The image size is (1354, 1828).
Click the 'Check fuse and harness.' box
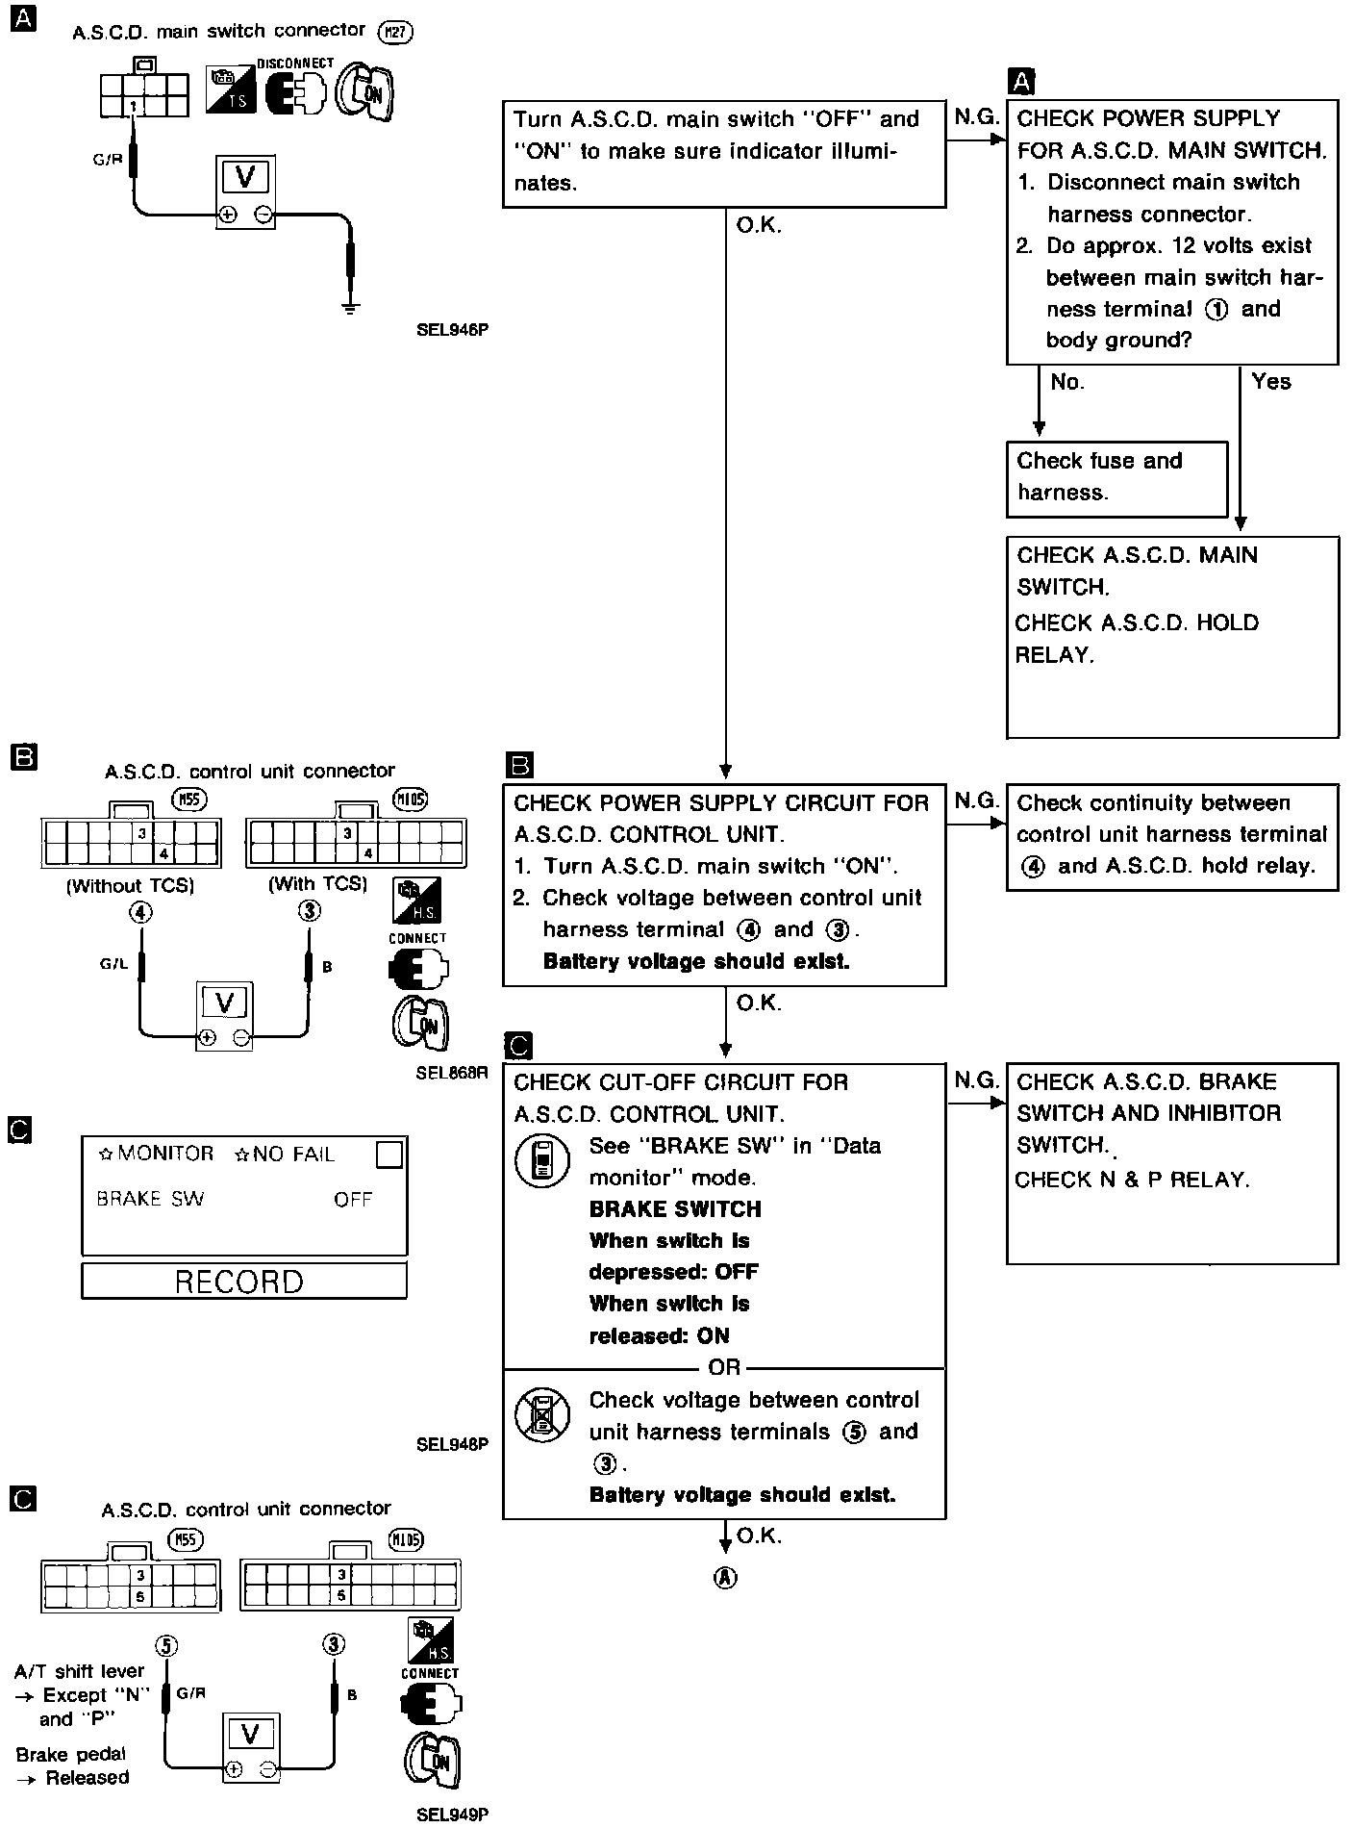click(1116, 477)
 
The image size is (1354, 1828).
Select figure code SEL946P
click(452, 329)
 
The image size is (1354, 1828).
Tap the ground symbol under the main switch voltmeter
click(351, 308)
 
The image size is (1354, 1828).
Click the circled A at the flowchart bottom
click(725, 1578)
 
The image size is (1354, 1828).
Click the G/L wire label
click(113, 964)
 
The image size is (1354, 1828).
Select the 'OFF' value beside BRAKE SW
click(353, 1199)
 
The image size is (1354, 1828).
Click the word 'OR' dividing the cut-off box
click(724, 1367)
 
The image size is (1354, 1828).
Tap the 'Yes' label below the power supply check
click(1271, 382)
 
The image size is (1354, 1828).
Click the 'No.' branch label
click(1067, 382)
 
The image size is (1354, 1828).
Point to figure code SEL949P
click(452, 1815)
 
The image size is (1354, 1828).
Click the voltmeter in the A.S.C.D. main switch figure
click(244, 190)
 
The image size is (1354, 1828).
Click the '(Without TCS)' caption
click(130, 886)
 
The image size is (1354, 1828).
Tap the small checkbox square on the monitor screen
click(389, 1155)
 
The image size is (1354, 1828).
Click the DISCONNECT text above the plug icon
click(295, 63)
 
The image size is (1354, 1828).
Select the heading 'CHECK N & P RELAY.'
click(1132, 1180)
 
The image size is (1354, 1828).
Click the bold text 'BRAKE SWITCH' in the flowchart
click(675, 1209)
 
